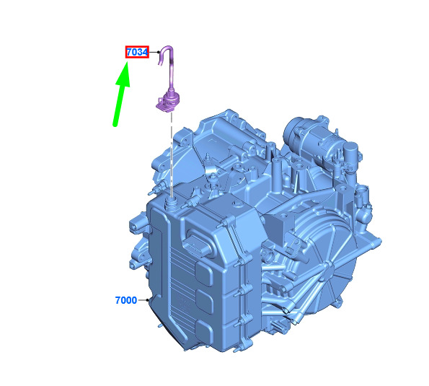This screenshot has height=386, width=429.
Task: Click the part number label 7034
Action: [137, 52]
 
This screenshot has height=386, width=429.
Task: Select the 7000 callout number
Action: [126, 300]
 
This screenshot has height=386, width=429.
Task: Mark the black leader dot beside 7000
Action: [148, 300]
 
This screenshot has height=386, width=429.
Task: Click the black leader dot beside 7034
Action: [159, 52]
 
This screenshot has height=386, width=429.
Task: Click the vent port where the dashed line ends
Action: [172, 204]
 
